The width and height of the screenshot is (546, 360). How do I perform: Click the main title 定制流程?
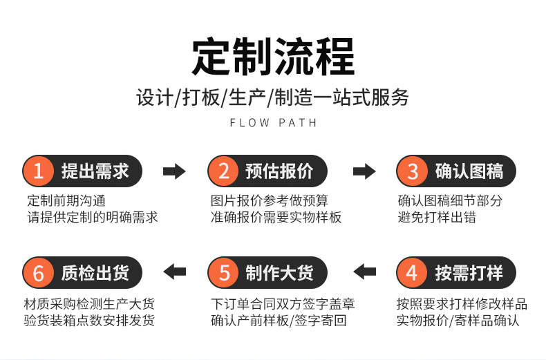tap(272, 57)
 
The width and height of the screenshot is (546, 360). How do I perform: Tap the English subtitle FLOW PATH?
tap(272, 123)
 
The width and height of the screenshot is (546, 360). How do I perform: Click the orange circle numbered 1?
tap(39, 171)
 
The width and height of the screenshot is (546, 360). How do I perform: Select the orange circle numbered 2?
tap(224, 171)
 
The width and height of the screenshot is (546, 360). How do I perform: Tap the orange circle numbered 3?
tap(413, 171)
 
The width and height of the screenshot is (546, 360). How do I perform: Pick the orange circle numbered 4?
tap(413, 273)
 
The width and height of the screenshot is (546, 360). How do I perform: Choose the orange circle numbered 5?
tap(224, 273)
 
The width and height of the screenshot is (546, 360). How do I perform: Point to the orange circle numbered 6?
tap(39, 273)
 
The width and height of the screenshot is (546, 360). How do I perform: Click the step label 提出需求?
tap(95, 171)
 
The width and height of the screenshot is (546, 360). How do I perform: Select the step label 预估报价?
tap(279, 171)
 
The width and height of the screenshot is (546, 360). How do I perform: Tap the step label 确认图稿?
tap(469, 171)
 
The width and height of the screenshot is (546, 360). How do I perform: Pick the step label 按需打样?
tap(469, 273)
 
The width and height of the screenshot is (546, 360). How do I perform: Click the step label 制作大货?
tap(279, 273)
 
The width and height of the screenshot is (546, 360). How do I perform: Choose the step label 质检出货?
tap(95, 273)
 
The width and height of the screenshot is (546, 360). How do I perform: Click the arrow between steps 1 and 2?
tap(174, 171)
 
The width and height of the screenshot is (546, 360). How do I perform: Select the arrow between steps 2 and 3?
tap(364, 171)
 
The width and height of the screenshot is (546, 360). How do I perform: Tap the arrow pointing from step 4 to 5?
tap(364, 272)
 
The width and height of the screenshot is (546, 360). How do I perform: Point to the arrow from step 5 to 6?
tap(174, 272)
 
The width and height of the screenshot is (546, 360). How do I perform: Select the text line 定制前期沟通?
tap(66, 201)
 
